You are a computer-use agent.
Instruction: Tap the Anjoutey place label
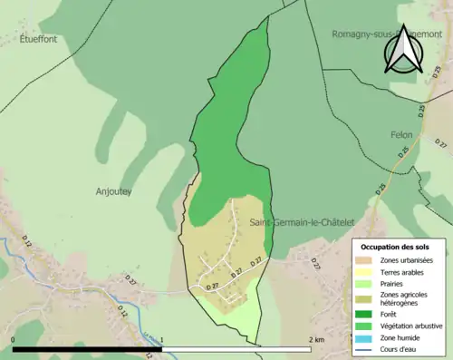tap(114, 191)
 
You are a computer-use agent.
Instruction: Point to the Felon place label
tap(400, 134)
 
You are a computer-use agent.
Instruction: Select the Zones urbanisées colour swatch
tap(368, 260)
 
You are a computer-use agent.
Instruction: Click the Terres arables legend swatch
tap(368, 272)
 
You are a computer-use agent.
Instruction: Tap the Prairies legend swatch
tap(368, 284)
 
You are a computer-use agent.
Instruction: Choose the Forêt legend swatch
tap(368, 314)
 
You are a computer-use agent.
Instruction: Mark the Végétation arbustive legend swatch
tap(368, 326)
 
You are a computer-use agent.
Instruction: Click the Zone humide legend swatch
tap(368, 337)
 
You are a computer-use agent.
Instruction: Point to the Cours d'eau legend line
tap(368, 349)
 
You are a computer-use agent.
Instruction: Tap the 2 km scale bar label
tap(317, 340)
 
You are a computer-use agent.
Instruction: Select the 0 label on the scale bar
tap(14, 340)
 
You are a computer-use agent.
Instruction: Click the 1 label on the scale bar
tap(162, 340)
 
